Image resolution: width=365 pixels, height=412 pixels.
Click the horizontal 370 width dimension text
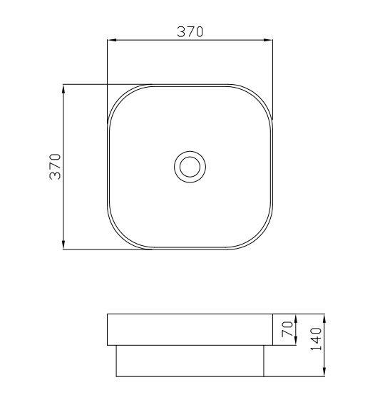(190, 31)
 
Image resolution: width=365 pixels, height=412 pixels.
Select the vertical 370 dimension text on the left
(55, 167)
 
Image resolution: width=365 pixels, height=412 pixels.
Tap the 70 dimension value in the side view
(287, 329)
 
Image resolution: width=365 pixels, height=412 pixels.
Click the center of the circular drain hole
(190, 167)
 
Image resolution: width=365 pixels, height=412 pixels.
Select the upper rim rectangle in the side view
(190, 329)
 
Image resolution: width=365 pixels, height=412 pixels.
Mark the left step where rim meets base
(115, 345)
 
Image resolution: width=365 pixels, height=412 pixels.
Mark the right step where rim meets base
(264, 345)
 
